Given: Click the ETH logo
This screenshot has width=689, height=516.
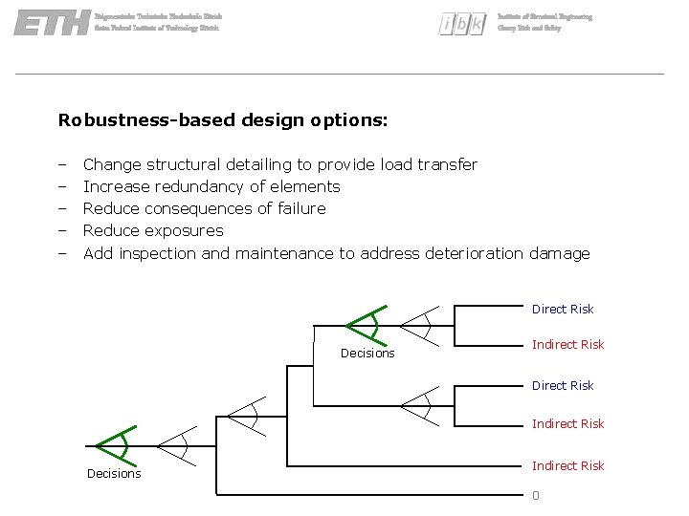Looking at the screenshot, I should [52, 23].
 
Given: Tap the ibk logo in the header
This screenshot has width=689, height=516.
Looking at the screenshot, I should [462, 25].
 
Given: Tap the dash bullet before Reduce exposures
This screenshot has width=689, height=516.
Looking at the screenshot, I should [62, 230].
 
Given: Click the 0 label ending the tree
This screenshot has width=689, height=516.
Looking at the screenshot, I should [536, 495].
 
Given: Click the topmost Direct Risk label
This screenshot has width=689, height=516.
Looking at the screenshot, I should [563, 309].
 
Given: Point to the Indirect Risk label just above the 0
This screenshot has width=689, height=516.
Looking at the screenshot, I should [568, 465].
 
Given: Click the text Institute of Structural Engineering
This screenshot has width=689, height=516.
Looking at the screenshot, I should [545, 17].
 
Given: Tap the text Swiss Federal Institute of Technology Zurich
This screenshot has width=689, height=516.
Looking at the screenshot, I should [157, 29].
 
